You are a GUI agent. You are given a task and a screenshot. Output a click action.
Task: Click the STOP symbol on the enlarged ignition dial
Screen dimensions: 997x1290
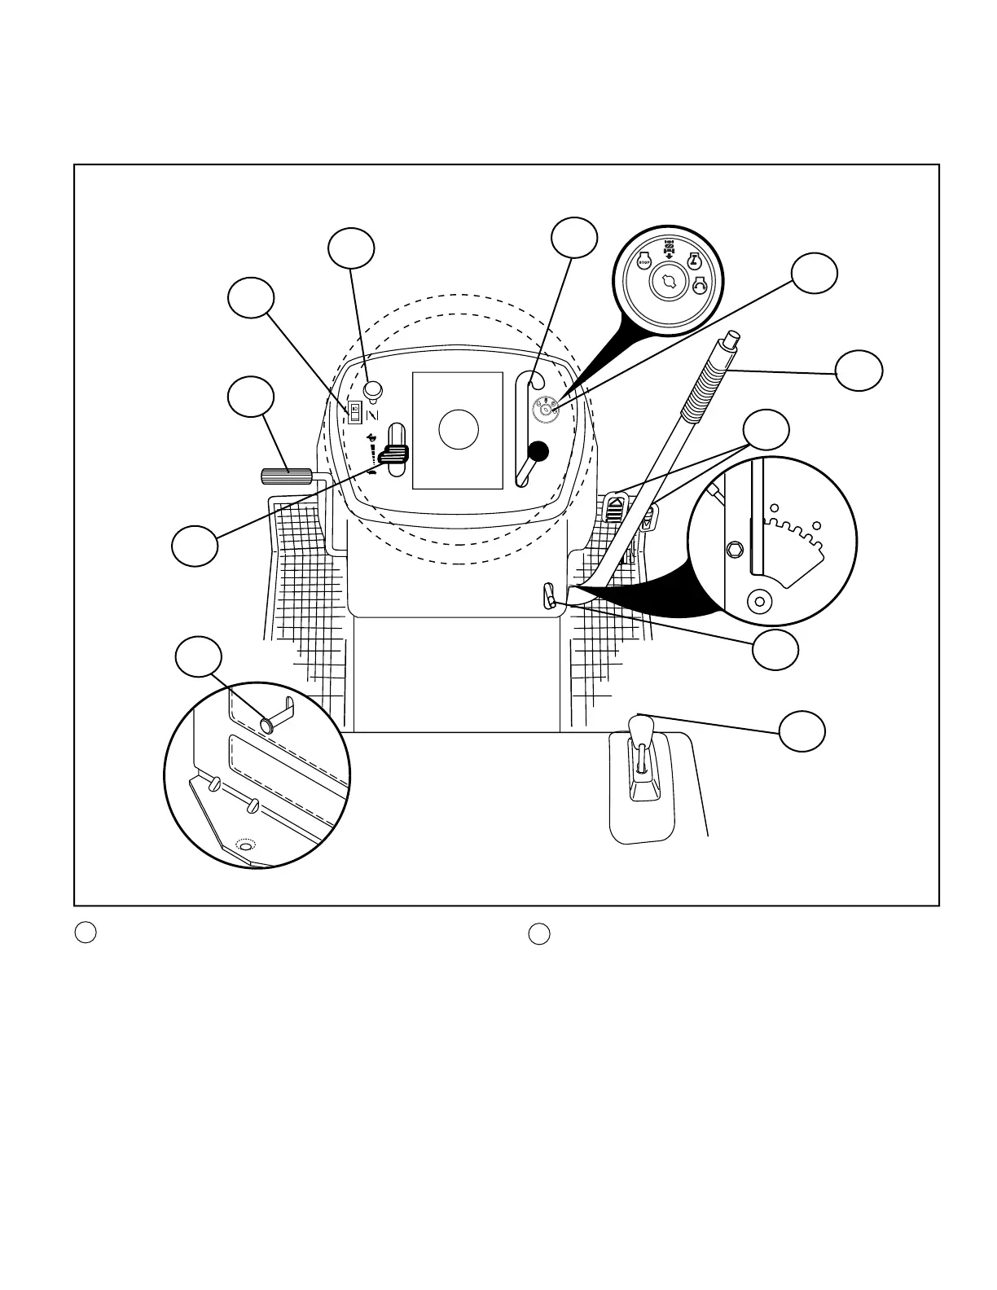pyautogui.click(x=644, y=262)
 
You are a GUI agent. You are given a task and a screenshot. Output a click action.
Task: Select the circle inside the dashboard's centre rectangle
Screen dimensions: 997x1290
pyautogui.click(x=458, y=429)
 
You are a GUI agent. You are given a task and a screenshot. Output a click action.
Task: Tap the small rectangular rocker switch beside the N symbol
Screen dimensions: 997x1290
pyautogui.click(x=354, y=412)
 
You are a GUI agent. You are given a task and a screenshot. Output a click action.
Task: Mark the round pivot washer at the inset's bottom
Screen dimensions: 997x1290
pyautogui.click(x=759, y=602)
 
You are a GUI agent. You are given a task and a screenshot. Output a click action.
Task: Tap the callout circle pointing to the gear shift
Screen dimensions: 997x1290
pyautogui.click(x=802, y=731)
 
